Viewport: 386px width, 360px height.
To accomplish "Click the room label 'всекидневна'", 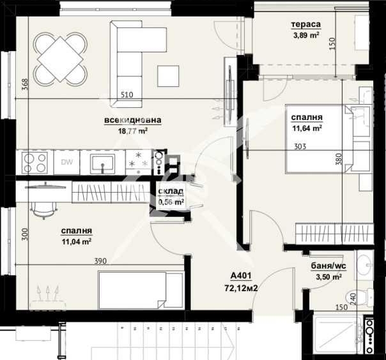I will coord(133,119).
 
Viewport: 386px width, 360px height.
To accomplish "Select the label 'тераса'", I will coord(305,25).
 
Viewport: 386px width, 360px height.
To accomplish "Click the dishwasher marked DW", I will coord(66,162).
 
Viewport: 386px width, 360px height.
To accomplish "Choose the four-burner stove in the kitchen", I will coord(34,162).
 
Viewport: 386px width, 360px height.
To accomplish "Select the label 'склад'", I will coord(171,191).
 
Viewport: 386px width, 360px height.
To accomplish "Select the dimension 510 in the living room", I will coord(127,95).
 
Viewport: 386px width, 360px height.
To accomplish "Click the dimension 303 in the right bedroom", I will coord(300,146).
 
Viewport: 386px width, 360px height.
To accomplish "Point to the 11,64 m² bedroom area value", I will coord(306,128).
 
